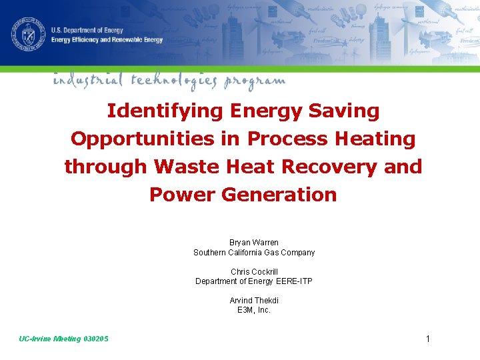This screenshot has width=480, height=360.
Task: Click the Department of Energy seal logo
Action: coord(27,33)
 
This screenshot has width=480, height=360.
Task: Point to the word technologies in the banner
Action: coord(173,81)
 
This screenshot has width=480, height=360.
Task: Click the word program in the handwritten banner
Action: coord(255,81)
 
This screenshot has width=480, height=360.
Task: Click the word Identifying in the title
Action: coord(165,111)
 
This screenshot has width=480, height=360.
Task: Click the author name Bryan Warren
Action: coord(254,243)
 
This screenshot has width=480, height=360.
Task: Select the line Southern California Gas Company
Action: coord(254,253)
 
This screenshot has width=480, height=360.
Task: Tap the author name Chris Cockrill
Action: coord(254,272)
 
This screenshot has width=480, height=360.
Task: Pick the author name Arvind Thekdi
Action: coord(254,301)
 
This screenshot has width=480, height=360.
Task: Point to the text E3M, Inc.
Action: coord(254,310)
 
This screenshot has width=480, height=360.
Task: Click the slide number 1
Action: coord(428,339)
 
